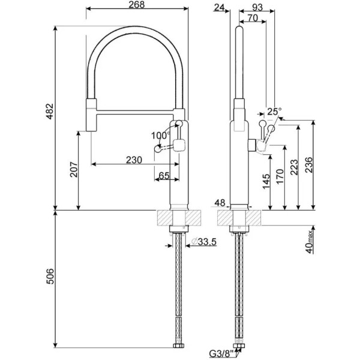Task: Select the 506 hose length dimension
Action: pos(50,277)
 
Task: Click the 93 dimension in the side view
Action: pos(257,7)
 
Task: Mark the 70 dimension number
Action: pos(252,18)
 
